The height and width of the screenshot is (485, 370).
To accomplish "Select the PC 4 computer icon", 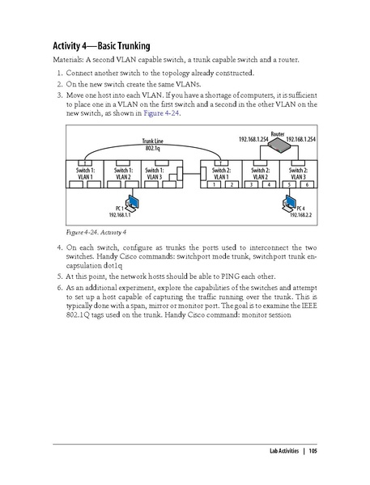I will click(287, 200).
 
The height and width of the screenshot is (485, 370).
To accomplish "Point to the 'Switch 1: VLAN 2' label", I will click(122, 174).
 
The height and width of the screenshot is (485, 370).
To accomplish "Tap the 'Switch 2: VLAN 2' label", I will click(260, 174).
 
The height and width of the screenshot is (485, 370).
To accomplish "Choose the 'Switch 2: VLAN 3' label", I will click(298, 174).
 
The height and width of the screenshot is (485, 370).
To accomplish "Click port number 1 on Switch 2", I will click(211, 186).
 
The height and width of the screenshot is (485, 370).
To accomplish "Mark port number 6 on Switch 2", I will click(308, 186).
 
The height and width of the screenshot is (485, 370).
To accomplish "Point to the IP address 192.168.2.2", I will click(300, 215).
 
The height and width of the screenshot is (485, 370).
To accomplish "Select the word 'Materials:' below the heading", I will click(68, 59).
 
